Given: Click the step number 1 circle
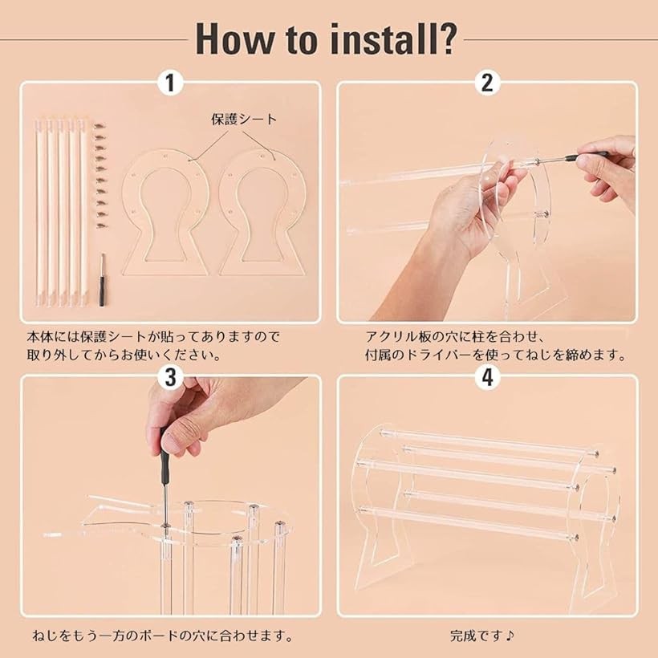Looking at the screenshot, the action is point(170,83).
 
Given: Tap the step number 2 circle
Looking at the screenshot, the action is point(487,83).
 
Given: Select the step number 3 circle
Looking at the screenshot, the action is point(170,377).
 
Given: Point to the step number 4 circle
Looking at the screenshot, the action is point(487,377).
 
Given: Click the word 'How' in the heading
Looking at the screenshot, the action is point(236,39).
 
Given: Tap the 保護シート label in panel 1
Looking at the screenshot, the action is point(244,120).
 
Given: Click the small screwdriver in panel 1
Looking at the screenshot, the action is point(102,279).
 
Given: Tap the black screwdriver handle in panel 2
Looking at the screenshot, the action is point(587,156).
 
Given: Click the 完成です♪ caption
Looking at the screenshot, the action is point(482,636).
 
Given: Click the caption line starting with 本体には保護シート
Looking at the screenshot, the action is point(153,336).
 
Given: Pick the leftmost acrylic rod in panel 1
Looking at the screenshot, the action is point(40,212).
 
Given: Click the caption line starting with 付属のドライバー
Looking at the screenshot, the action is point(495,355).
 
